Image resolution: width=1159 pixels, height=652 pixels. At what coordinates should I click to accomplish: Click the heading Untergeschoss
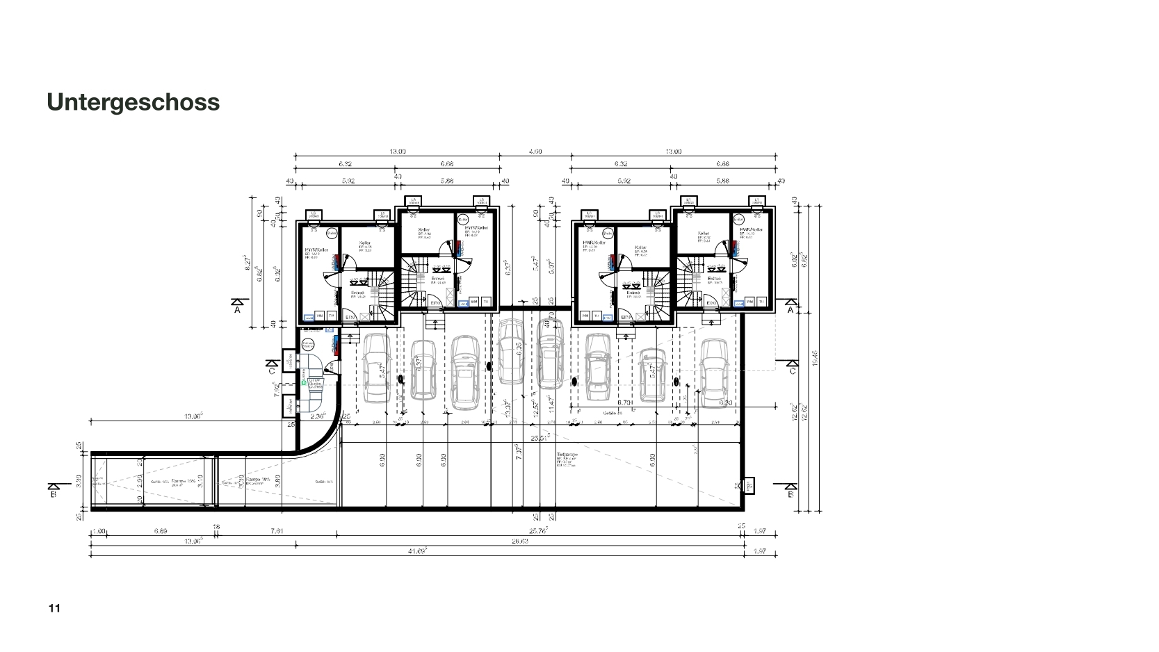(x=133, y=101)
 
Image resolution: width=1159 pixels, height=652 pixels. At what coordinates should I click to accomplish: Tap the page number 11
(x=54, y=609)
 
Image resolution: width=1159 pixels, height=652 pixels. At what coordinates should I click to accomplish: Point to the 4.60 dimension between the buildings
(x=535, y=152)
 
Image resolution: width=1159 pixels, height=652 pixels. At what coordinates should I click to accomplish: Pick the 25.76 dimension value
(x=539, y=530)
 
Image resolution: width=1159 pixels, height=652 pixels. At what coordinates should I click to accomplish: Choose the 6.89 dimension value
(x=161, y=531)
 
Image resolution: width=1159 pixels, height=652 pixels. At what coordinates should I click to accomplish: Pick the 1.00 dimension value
(x=99, y=531)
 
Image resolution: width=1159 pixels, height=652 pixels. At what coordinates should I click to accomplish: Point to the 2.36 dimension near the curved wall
(x=318, y=416)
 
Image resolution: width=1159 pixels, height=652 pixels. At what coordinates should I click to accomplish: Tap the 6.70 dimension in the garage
(x=624, y=403)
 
